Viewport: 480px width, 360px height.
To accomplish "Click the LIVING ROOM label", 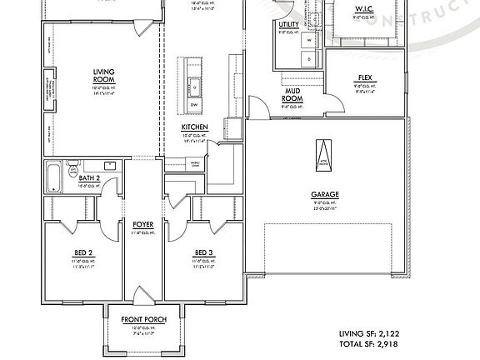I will [103, 75].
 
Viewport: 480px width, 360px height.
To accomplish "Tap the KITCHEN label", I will [194, 127].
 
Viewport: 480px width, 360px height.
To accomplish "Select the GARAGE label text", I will [325, 195].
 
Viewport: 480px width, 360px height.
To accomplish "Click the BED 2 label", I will [83, 252].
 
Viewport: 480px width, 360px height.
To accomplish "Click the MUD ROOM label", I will [292, 96].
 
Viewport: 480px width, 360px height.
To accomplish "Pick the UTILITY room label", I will [289, 25].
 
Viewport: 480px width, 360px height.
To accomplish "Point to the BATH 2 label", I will [90, 177].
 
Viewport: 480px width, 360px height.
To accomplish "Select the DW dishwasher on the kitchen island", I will [194, 106].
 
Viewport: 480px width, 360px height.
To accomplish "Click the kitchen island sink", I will [194, 84].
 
